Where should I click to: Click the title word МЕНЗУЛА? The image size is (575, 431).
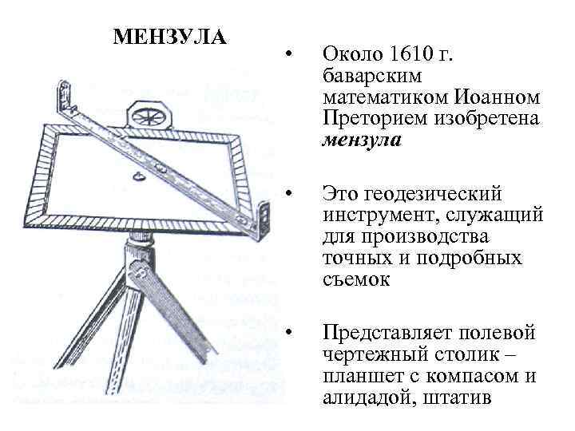[170, 38]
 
